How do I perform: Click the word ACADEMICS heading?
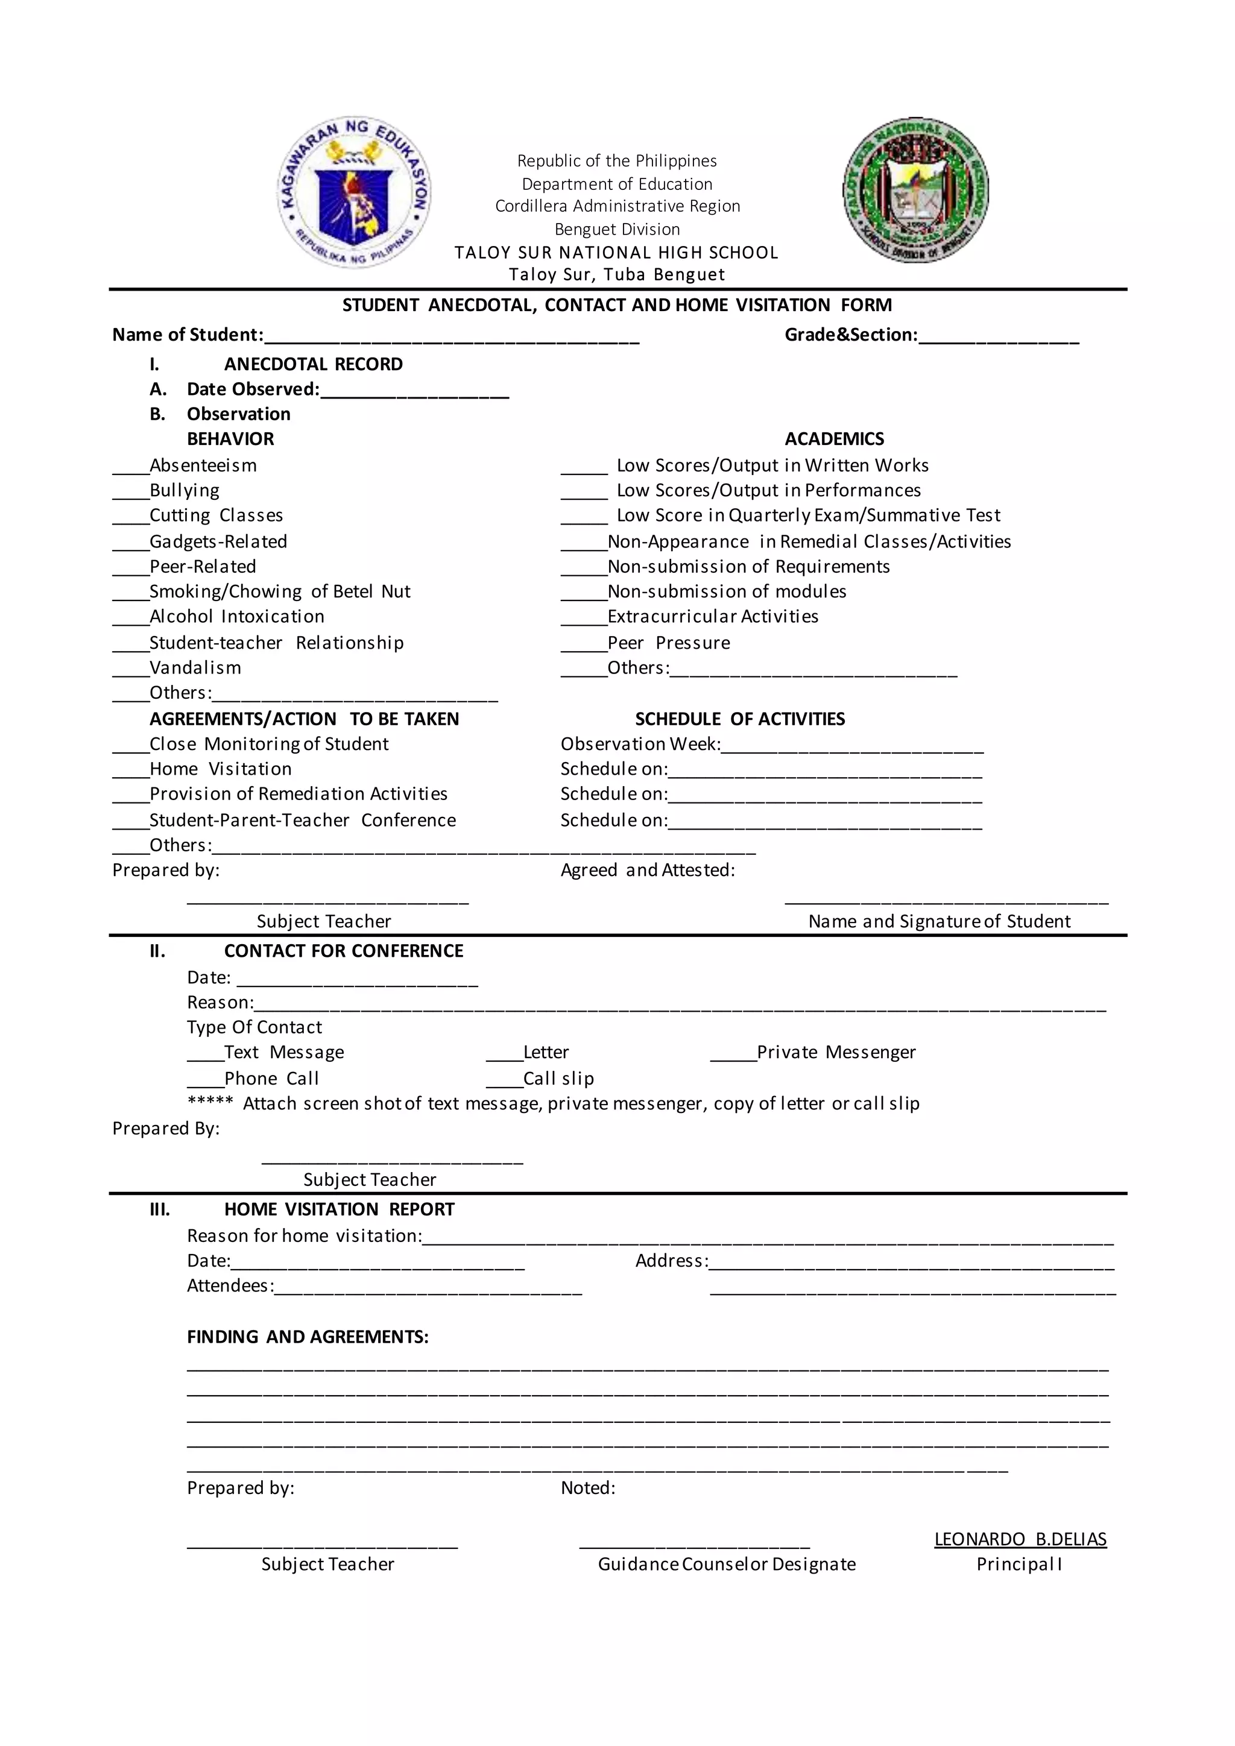(x=834, y=440)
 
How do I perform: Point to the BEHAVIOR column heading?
(x=230, y=440)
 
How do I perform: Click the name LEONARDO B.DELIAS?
(x=1020, y=1539)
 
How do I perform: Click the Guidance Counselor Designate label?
(x=726, y=1565)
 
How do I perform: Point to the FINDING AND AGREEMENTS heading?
(x=308, y=1337)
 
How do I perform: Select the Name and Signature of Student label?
(x=939, y=922)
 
